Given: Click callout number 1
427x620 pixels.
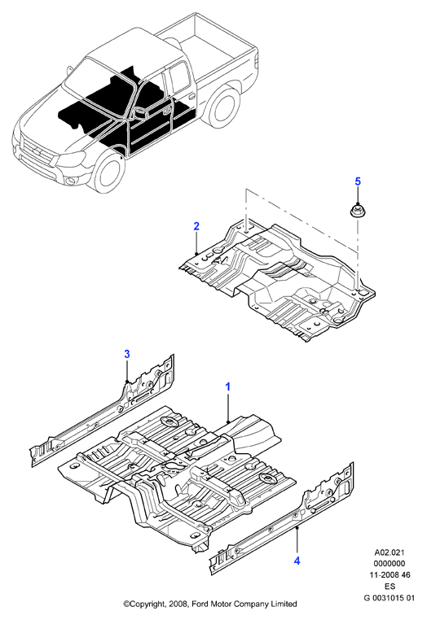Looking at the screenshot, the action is click(227, 386).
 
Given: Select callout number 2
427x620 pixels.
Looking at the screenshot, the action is click(196, 226).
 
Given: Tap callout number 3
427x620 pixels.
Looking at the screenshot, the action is click(127, 354).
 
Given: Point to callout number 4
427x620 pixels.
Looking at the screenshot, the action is click(297, 561).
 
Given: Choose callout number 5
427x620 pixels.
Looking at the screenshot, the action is click(358, 181).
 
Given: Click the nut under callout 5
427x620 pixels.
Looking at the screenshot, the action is click(358, 210).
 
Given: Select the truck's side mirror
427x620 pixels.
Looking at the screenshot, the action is click(140, 112).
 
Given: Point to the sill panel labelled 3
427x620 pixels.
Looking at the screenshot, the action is click(102, 411).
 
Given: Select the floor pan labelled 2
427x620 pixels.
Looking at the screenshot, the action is click(276, 280).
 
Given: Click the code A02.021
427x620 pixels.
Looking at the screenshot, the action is click(390, 552).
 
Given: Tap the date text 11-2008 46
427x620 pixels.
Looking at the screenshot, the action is click(390, 575).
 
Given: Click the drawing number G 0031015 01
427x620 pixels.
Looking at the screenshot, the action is click(389, 598).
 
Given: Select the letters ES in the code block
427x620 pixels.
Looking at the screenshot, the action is click(390, 587).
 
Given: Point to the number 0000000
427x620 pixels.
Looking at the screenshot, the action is click(390, 564).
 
